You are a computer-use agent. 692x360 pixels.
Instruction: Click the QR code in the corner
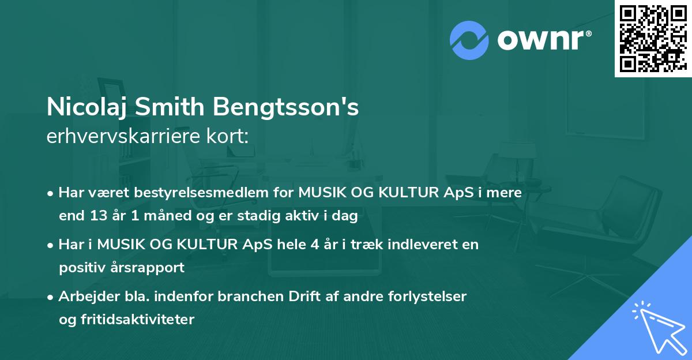point(653,39)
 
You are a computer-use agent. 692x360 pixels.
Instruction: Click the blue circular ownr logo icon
point(469,39)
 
